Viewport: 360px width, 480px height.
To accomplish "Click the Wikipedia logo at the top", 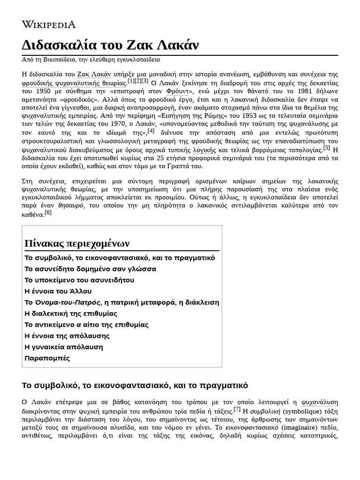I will tap(49, 24).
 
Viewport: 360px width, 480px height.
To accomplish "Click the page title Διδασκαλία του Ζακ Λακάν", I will tap(110, 45).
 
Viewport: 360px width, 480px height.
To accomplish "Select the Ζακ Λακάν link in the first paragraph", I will tap(94, 74).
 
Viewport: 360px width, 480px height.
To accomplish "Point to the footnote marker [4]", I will tap(151, 130).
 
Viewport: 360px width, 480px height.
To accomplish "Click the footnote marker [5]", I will tap(326, 148).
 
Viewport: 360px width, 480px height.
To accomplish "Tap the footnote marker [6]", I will tap(48, 212).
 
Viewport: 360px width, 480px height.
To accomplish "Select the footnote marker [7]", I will tap(237, 409).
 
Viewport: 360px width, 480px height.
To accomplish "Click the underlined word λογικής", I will tap(204, 150).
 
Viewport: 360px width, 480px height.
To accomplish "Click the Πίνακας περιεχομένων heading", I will tap(77, 244).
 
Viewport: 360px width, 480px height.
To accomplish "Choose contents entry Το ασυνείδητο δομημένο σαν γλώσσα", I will tap(90, 269).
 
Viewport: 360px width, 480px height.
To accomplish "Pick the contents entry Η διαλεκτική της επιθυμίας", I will tap(70, 314).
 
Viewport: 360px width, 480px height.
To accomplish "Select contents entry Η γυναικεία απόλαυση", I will tap(63, 347).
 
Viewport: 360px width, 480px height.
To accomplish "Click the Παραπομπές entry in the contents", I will tap(47, 358).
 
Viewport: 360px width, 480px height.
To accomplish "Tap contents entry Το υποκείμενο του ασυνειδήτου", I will tap(79, 280).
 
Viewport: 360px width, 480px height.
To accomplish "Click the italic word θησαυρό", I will tap(71, 205).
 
